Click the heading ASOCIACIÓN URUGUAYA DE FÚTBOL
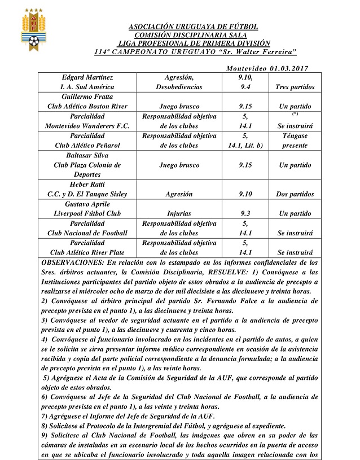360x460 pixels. (x=194, y=27)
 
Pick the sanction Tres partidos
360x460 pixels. (x=295, y=87)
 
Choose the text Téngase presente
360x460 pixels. (x=295, y=141)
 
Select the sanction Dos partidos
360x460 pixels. (x=295, y=194)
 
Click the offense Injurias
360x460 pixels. (x=179, y=214)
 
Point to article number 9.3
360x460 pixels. (x=245, y=214)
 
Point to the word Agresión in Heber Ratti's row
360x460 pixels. (x=179, y=194)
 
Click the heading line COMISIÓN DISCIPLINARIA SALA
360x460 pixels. (x=194, y=35)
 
